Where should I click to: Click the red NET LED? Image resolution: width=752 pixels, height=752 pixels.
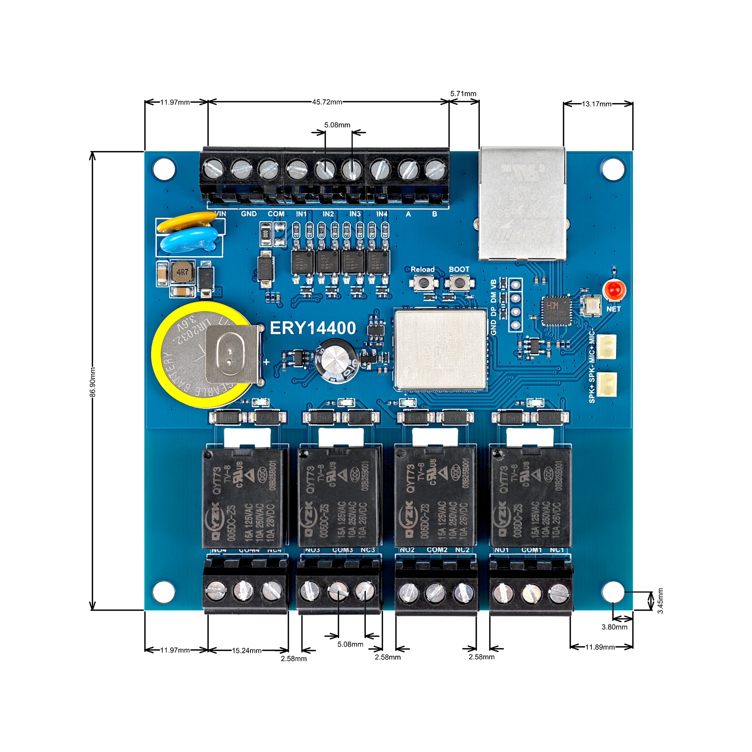[x=615, y=290]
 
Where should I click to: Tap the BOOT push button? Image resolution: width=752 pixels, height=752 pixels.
[x=459, y=283]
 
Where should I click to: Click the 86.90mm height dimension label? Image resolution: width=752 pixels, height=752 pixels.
[x=92, y=382]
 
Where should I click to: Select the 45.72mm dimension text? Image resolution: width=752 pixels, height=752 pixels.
[x=327, y=102]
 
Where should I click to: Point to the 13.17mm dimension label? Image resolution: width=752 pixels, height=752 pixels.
[x=596, y=104]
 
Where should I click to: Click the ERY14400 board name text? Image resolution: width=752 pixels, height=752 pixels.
[x=313, y=328]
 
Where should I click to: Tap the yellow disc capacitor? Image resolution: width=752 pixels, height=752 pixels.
[x=187, y=222]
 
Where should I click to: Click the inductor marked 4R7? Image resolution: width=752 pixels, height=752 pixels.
[x=182, y=272]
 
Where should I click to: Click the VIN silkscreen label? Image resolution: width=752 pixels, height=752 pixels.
[x=220, y=214]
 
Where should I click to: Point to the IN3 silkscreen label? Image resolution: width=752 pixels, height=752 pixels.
[x=355, y=214]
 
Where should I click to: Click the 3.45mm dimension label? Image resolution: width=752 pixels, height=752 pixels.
[x=660, y=600]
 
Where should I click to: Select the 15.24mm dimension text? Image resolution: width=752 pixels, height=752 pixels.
[x=246, y=650]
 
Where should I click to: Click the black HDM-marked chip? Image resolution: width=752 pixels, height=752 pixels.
[x=556, y=310]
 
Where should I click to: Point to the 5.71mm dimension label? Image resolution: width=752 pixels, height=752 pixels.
[x=463, y=94]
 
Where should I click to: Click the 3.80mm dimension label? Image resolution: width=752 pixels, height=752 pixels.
[x=614, y=627]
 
